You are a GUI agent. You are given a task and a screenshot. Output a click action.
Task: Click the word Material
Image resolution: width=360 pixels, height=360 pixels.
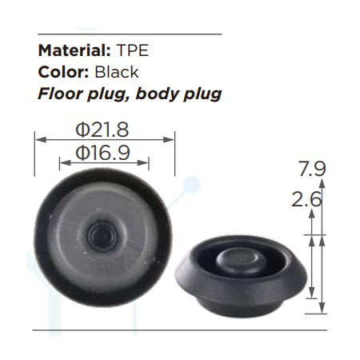(x=74, y=50)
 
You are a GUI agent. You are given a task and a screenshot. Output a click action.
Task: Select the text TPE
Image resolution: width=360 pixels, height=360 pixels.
(x=132, y=50)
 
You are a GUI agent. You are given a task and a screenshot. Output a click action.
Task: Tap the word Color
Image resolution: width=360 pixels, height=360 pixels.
(x=63, y=72)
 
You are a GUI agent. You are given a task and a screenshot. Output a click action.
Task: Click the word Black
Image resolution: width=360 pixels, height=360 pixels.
(x=117, y=72)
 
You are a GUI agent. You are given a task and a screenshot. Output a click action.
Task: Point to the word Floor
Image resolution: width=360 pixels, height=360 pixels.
(x=60, y=94)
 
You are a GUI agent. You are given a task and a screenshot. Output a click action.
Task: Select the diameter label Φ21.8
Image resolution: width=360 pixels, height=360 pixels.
(x=102, y=130)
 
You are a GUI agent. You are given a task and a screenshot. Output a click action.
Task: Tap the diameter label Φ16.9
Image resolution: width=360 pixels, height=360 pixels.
(x=102, y=153)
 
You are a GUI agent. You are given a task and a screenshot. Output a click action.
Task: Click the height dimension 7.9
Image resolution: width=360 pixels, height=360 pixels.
(x=312, y=169)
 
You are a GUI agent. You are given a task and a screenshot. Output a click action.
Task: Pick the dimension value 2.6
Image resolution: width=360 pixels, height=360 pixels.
(x=306, y=200)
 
